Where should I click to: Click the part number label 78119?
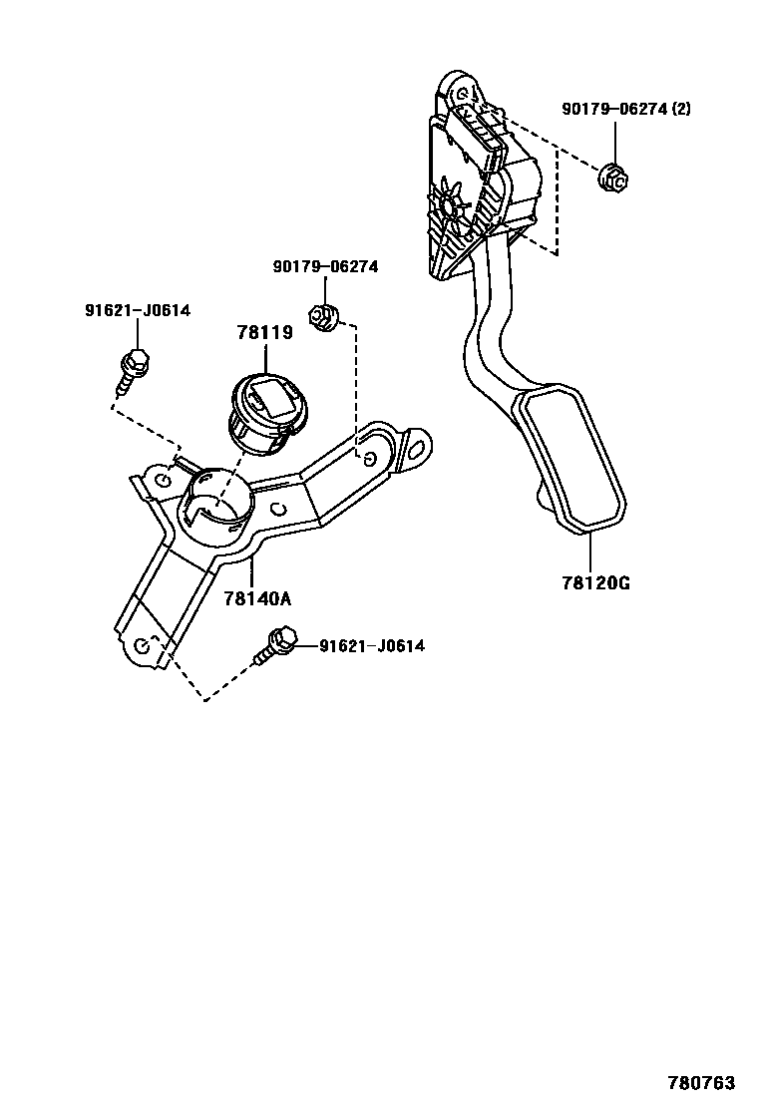264,333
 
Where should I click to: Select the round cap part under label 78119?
266,410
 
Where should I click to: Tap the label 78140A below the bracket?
256,598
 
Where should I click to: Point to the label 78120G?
594,583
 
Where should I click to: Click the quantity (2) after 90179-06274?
680,109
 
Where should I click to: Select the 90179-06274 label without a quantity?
325,266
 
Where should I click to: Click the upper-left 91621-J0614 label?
137,311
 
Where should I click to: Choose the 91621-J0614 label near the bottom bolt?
371,646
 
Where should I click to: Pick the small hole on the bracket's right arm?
369,459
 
